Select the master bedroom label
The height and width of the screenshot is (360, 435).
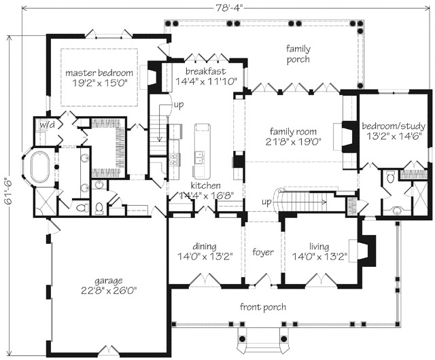99,73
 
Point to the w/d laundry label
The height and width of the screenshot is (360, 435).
47,125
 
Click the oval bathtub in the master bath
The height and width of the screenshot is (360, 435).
39,166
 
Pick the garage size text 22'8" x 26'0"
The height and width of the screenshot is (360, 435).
109,291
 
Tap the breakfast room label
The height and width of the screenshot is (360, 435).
205,71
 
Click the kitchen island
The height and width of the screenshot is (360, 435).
202,151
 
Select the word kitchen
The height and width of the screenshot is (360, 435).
205,185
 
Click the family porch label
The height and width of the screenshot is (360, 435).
298,54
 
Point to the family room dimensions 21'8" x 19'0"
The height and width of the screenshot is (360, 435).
293,142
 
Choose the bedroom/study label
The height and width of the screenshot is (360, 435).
394,126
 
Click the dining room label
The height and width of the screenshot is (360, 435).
205,247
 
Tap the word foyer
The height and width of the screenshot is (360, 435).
263,252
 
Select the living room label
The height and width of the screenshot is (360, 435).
319,247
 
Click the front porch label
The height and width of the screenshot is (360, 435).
263,307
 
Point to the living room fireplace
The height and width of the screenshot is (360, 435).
366,251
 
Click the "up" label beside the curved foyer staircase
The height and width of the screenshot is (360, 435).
266,202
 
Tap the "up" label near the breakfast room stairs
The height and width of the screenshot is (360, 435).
179,105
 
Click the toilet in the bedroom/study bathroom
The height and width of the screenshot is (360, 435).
390,177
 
